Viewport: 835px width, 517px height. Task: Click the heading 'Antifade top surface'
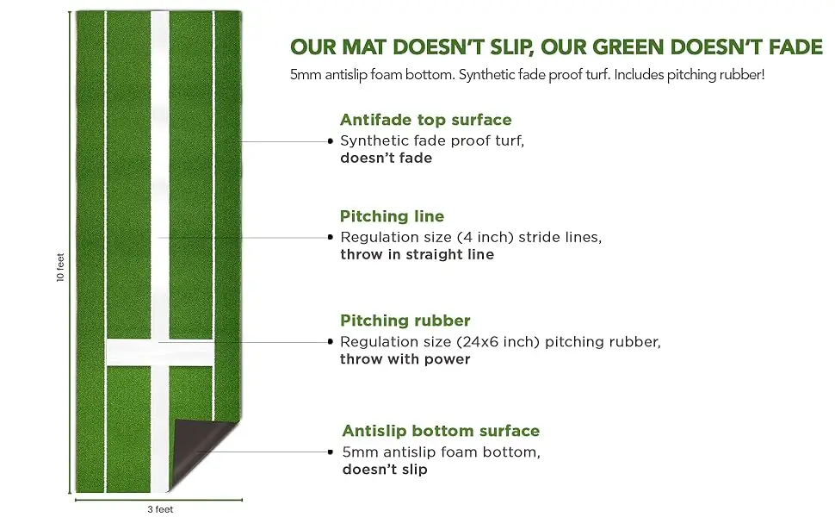(425, 120)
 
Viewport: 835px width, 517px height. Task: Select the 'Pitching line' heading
(392, 216)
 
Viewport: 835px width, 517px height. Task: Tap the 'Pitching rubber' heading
(405, 321)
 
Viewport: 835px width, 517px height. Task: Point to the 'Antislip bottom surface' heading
(441, 431)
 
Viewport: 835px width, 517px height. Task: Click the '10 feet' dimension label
(61, 266)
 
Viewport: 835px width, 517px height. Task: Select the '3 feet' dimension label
(160, 509)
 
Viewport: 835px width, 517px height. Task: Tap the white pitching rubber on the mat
(159, 352)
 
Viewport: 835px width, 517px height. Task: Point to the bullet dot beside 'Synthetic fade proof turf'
(331, 140)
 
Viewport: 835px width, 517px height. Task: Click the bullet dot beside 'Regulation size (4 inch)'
(331, 237)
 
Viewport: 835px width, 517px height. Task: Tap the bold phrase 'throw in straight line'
(417, 254)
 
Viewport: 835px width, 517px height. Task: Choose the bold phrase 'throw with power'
(405, 359)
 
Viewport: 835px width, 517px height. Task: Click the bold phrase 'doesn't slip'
(385, 470)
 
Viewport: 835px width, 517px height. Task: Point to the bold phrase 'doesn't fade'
(386, 158)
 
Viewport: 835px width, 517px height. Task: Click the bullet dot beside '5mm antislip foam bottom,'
(331, 452)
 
